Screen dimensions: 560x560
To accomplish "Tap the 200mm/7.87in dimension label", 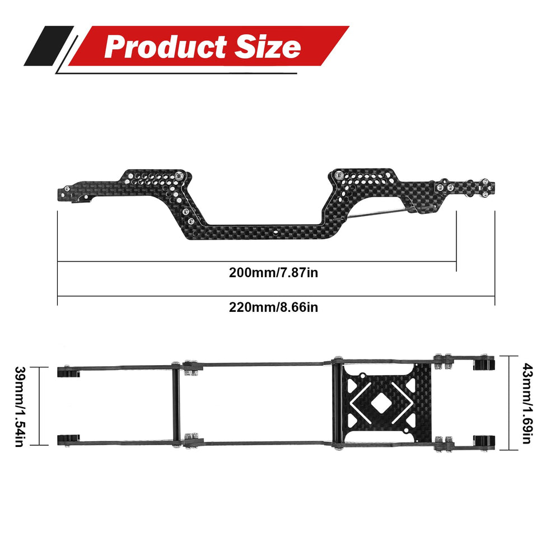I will [x=274, y=273].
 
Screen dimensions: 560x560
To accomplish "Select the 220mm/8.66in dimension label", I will [x=274, y=307].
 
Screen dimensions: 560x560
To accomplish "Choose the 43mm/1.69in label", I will [x=526, y=403].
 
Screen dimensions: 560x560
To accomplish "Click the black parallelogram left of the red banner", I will [x=48, y=46].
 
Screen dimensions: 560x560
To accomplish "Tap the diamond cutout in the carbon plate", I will [x=382, y=403].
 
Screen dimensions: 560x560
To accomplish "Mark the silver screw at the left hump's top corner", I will [x=178, y=175].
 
